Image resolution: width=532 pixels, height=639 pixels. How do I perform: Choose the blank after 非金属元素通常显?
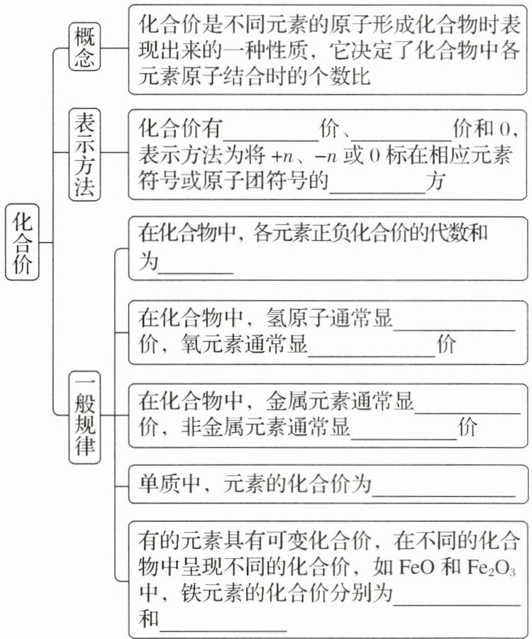pos(405,430)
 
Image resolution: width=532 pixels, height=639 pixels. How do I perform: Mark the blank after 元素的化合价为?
pos(445,486)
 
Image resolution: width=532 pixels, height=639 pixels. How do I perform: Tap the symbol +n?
pos(279,157)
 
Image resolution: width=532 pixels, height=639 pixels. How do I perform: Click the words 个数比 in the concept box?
pos(347,77)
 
